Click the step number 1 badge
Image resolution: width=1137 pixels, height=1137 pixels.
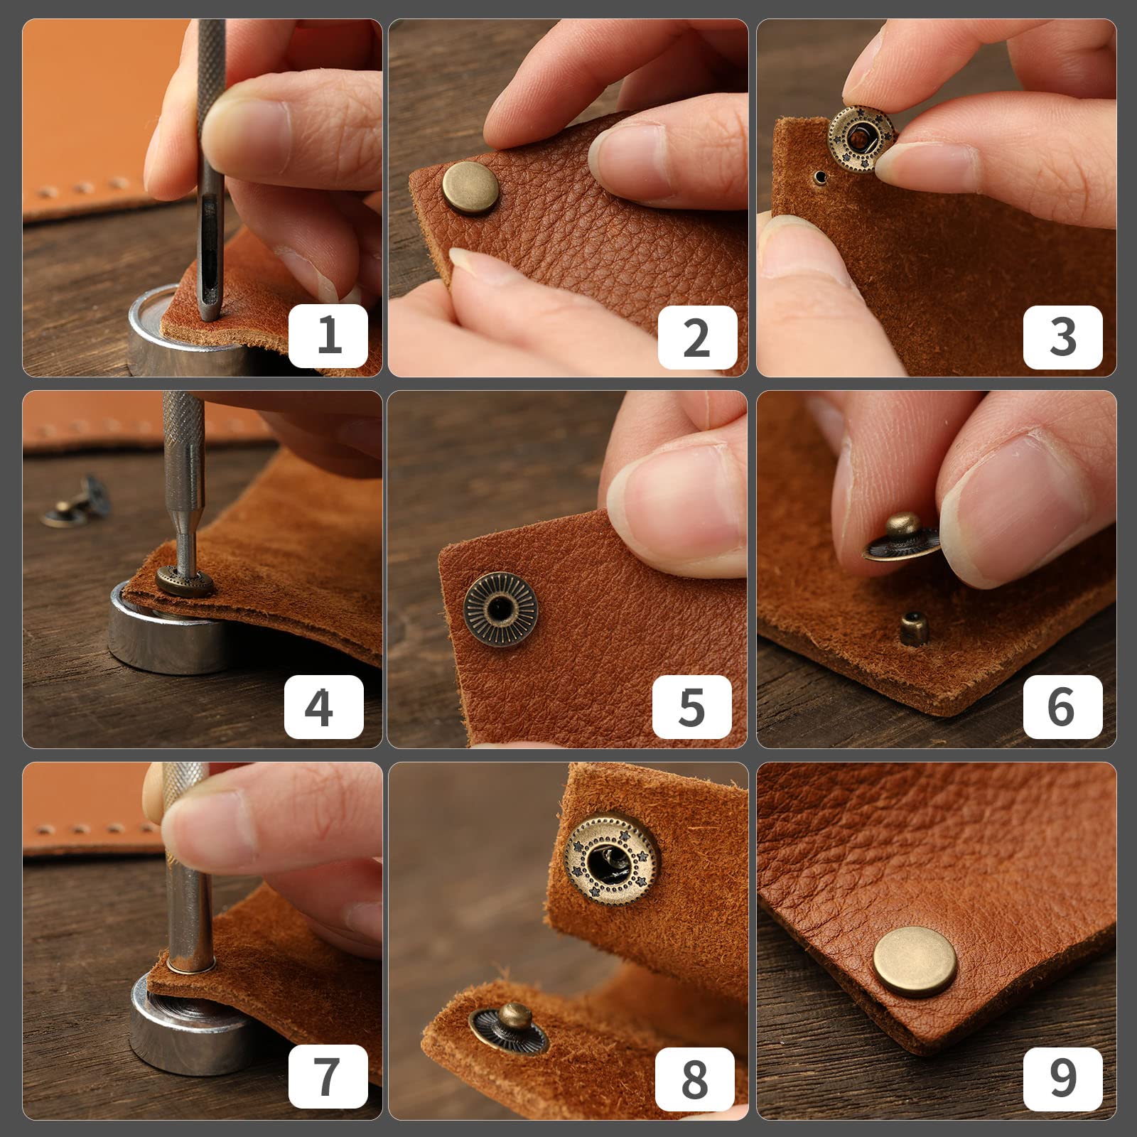pyautogui.click(x=328, y=336)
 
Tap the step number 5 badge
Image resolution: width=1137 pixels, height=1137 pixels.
pyautogui.click(x=691, y=707)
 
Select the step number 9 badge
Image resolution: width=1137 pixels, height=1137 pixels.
pyautogui.click(x=1062, y=1077)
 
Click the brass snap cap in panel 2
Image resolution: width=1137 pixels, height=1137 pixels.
pyautogui.click(x=470, y=188)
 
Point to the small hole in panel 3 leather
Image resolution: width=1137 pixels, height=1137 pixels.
pyautogui.click(x=821, y=176)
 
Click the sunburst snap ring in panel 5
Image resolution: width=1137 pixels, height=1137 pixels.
pyautogui.click(x=500, y=609)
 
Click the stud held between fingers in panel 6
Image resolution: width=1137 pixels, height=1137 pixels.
pyautogui.click(x=901, y=538)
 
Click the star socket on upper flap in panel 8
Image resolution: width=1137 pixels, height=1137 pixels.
pyautogui.click(x=612, y=861)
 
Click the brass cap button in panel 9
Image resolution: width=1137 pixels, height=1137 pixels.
pyautogui.click(x=915, y=961)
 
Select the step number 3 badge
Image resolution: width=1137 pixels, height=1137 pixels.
pyautogui.click(x=1062, y=336)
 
